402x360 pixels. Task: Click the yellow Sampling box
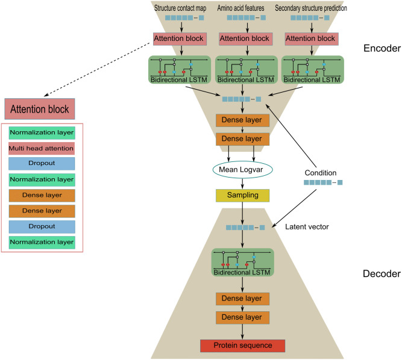tap(242, 196)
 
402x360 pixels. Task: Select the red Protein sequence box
tap(242, 346)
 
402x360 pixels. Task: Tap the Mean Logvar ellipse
tap(242, 170)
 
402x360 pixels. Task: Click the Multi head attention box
tap(42, 149)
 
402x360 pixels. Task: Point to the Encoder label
tap(382, 48)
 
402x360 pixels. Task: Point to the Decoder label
tap(382, 274)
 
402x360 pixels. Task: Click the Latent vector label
tap(307, 227)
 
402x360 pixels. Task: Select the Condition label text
tap(321, 173)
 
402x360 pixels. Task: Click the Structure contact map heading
tap(180, 8)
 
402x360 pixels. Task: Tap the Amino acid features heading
tap(240, 8)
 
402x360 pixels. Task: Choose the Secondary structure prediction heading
tap(311, 8)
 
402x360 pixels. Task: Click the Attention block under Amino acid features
tap(246, 39)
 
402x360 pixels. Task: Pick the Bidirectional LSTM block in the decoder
tap(242, 262)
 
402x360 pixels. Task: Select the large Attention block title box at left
tap(40, 109)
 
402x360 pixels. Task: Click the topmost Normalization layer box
tap(42, 133)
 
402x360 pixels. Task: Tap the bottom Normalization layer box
tap(42, 243)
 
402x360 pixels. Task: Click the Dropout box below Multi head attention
tap(42, 164)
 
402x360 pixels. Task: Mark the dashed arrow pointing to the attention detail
tap(96, 70)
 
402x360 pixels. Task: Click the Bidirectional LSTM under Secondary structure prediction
tap(313, 70)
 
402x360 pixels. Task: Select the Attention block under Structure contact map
tap(180, 39)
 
